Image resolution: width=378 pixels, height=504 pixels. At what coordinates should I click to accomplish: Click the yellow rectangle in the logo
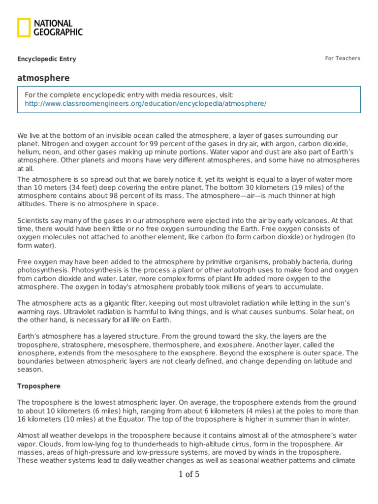pyautogui.click(x=24, y=28)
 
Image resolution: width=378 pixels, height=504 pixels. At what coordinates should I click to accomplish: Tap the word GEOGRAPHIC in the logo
pyautogui.click(x=58, y=32)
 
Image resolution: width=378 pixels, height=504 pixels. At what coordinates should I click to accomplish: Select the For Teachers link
pyautogui.click(x=342, y=58)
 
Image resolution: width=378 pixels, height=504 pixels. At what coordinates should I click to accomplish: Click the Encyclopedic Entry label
pyautogui.click(x=47, y=59)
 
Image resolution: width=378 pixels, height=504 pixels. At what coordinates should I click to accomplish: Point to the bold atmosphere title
pyautogui.click(x=43, y=78)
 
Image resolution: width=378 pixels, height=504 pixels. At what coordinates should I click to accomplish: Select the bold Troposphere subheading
pyautogui.click(x=39, y=386)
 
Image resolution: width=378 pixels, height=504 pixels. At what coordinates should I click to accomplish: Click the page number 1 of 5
pyautogui.click(x=189, y=475)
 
